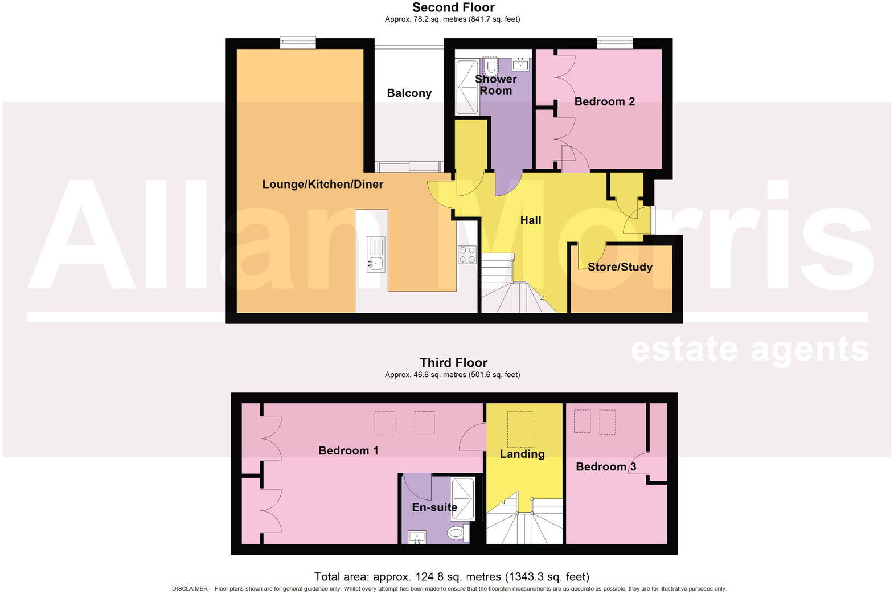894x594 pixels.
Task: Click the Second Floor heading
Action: coord(453,7)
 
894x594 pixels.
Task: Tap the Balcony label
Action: coord(409,93)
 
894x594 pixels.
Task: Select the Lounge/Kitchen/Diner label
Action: coord(322,184)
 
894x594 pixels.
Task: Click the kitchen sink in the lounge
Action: coord(375,263)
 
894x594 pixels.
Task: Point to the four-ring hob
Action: coord(467,254)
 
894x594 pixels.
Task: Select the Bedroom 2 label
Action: coord(604,101)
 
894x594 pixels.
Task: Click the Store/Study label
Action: coord(620,267)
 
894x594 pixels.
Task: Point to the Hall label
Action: coord(530,220)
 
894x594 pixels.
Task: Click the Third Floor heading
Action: coord(453,362)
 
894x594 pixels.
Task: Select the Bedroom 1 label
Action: coord(348,450)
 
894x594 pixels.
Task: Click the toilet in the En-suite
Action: coord(456,534)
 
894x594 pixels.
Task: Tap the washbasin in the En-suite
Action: coord(417,536)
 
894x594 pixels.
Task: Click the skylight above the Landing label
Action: coord(520,429)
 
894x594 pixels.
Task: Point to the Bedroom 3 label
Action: coord(605,466)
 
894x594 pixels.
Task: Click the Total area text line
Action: coord(452,577)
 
